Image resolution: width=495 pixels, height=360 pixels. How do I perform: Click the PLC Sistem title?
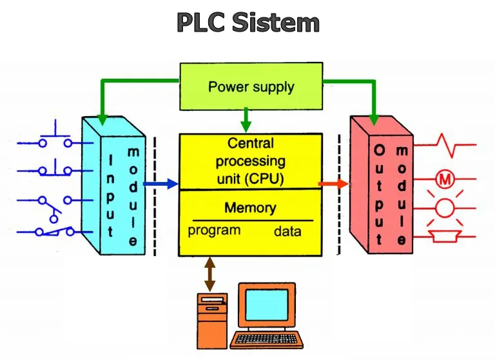(248, 23)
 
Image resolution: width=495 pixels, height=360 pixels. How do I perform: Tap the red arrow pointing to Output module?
(334, 184)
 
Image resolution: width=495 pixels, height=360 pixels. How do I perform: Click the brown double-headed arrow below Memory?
(208, 274)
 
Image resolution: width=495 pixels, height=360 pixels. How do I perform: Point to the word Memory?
(250, 208)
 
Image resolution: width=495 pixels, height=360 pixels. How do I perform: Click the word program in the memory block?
(214, 230)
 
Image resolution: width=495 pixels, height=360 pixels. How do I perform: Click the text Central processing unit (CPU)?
(250, 161)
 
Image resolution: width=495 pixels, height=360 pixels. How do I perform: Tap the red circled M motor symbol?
(444, 179)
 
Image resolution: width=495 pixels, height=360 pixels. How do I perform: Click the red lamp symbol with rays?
(444, 208)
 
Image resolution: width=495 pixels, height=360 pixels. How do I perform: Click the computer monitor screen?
(266, 306)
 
